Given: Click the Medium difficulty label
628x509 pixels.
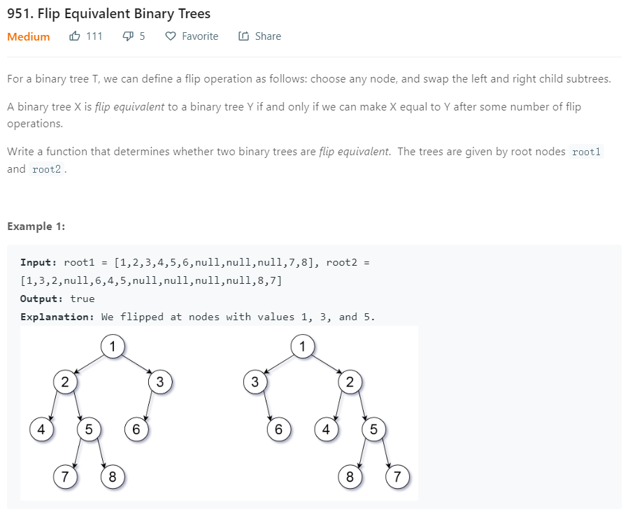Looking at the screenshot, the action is click(29, 36).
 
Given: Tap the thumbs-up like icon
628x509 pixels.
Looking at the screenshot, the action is click(75, 36).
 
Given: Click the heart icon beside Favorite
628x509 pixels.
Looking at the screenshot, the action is click(170, 36).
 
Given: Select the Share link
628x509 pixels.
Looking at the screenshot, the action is click(267, 36).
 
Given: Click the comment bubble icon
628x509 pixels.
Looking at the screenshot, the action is click(127, 36).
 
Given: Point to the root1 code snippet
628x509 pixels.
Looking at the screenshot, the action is click(587, 152).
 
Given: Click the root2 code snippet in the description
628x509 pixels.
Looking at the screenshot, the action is click(48, 169).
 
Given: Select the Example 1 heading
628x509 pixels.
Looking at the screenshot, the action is click(36, 226).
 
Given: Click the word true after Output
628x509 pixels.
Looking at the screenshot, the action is click(83, 299).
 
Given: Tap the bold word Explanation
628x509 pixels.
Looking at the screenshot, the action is click(57, 317).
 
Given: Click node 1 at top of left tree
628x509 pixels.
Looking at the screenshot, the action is click(112, 345).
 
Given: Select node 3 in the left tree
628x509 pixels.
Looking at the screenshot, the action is click(160, 382).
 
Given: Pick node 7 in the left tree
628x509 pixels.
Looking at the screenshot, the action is click(64, 478).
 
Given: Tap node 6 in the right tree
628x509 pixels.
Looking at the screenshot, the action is click(278, 429).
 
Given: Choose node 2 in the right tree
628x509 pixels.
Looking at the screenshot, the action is click(350, 382).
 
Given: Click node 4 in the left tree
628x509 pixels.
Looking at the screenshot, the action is click(41, 429).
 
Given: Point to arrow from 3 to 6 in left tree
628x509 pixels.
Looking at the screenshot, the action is click(148, 406).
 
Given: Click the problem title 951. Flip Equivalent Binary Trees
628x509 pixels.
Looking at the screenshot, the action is click(108, 13).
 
